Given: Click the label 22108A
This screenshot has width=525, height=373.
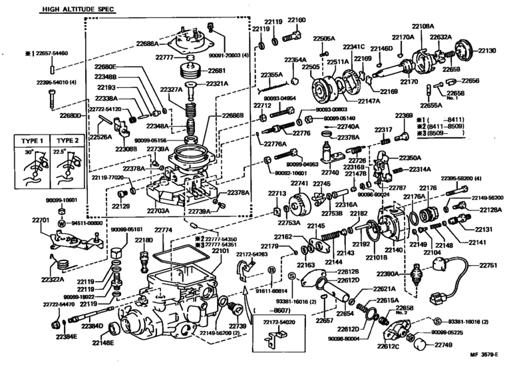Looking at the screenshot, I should point(424,25).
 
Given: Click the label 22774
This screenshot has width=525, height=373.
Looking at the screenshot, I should point(162,230).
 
